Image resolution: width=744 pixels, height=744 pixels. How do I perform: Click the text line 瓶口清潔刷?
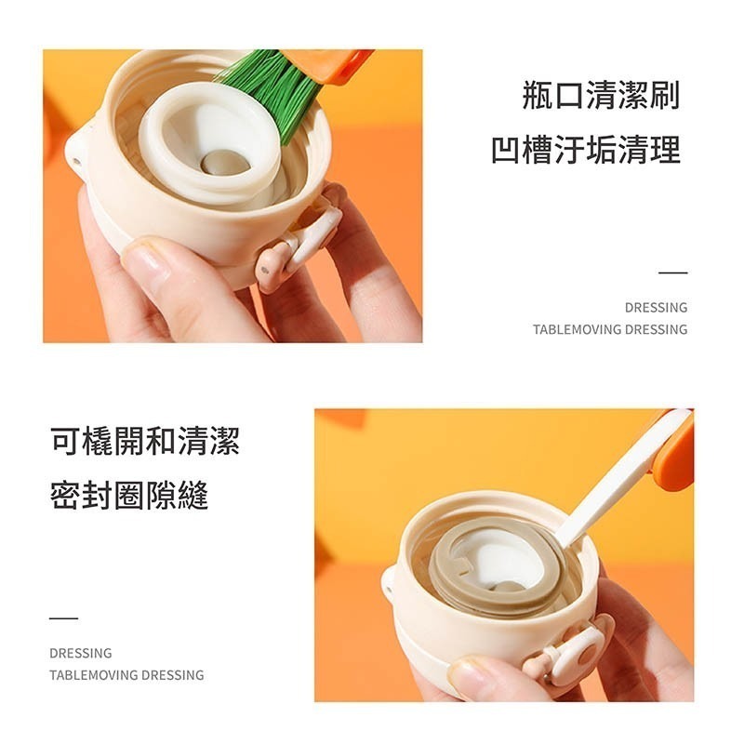(601, 96)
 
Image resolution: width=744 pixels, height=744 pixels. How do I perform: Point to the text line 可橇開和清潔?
(145, 442)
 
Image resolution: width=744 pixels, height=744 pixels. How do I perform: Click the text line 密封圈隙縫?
(129, 496)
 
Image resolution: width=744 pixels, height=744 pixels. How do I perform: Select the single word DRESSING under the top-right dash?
(656, 308)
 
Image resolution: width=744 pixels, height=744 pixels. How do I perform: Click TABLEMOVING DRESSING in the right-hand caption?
(610, 329)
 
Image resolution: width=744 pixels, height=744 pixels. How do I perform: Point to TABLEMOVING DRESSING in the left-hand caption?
(126, 675)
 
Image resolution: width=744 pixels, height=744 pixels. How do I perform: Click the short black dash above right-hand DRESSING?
(672, 273)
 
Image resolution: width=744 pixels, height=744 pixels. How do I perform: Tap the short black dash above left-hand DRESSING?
(63, 618)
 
